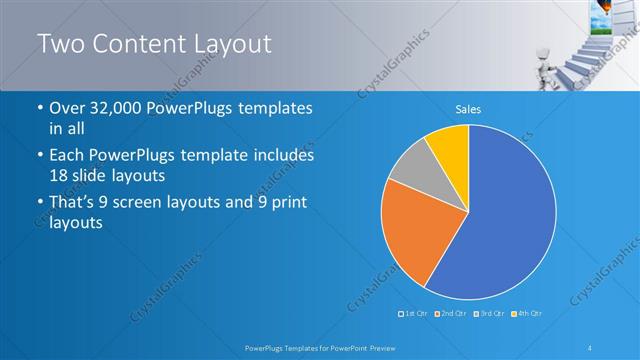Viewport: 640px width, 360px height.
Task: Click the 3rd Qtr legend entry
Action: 488,314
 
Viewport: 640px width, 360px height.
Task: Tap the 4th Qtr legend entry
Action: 525,314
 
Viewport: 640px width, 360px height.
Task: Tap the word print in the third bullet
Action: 288,203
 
